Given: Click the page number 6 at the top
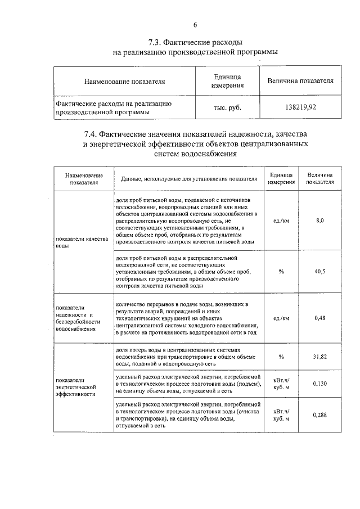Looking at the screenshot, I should tap(195, 25).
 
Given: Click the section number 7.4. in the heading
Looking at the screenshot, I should tap(93, 134).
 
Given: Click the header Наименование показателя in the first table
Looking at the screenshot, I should tap(124, 81).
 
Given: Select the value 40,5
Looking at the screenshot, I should tap(319, 271).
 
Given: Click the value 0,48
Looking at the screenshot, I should tap(319, 318).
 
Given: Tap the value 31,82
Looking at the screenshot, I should tap(319, 357).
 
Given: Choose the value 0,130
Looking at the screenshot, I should tap(319, 384).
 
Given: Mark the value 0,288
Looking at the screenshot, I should tap(319, 415).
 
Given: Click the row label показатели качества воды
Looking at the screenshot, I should tap(78, 242).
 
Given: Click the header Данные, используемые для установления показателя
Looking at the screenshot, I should tap(186, 178).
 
